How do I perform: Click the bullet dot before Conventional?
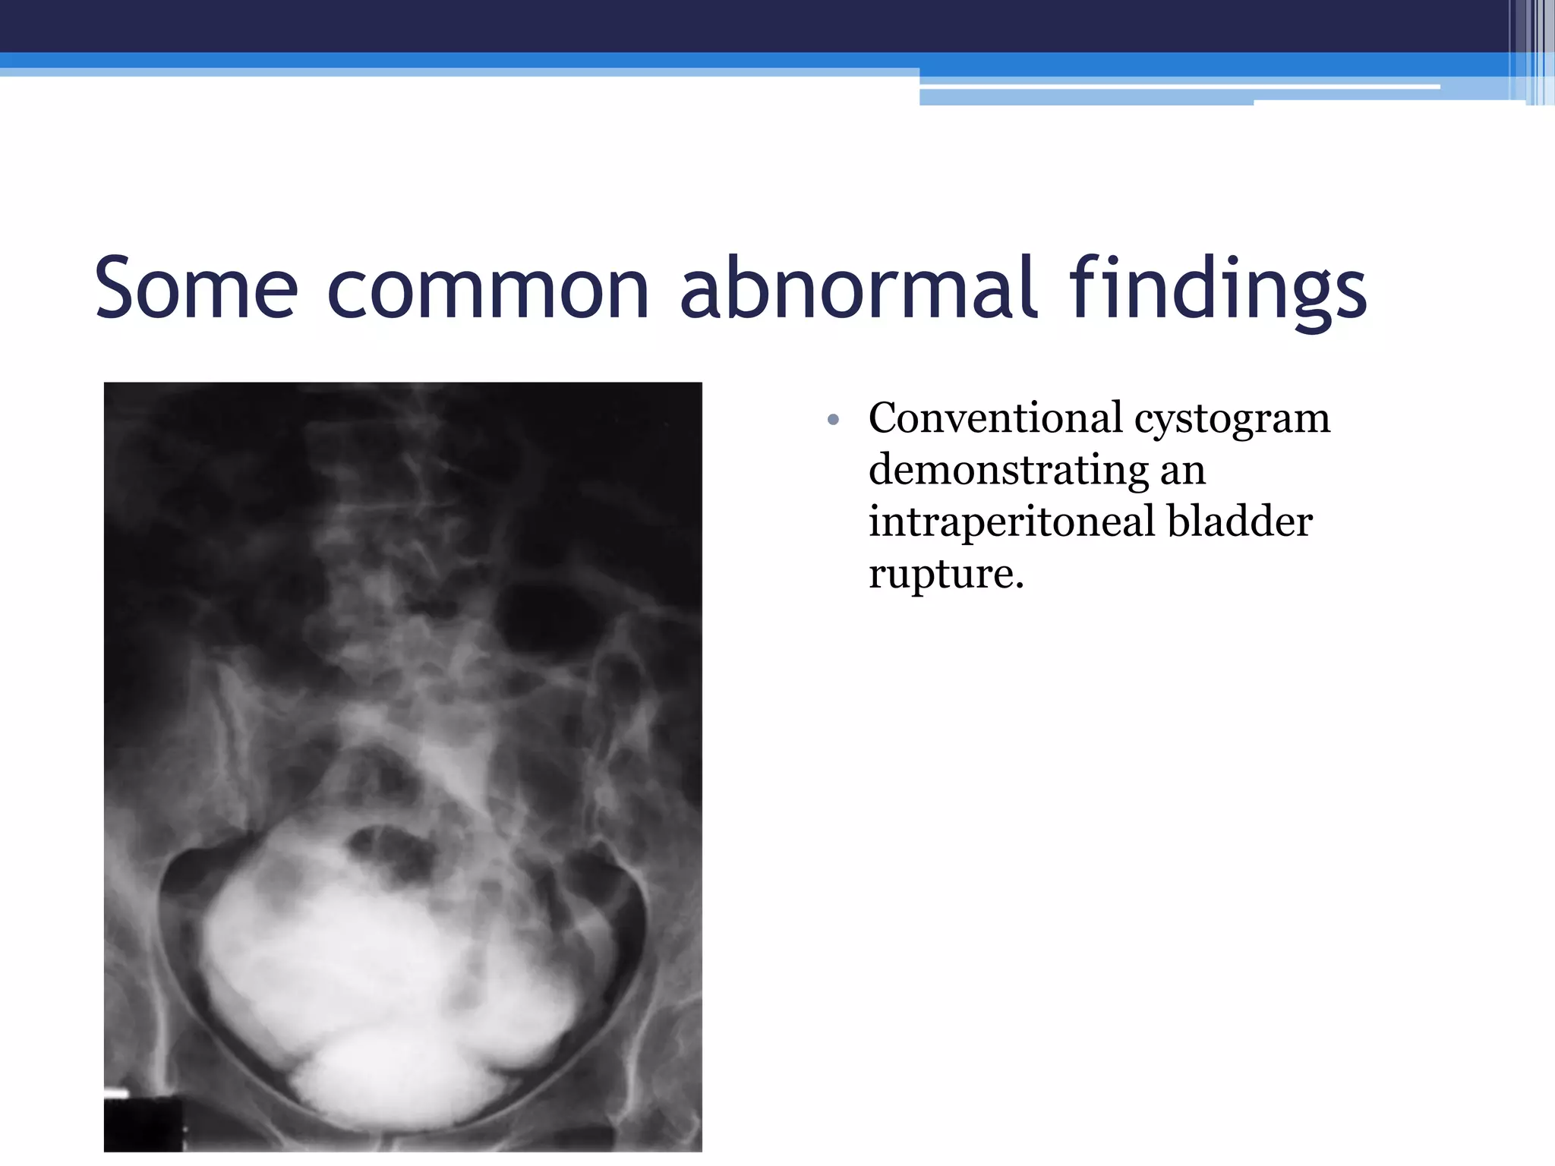tap(833, 420)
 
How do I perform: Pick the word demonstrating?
tap(1008, 471)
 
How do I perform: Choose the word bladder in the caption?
tap(1239, 522)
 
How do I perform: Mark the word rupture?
tap(946, 575)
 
